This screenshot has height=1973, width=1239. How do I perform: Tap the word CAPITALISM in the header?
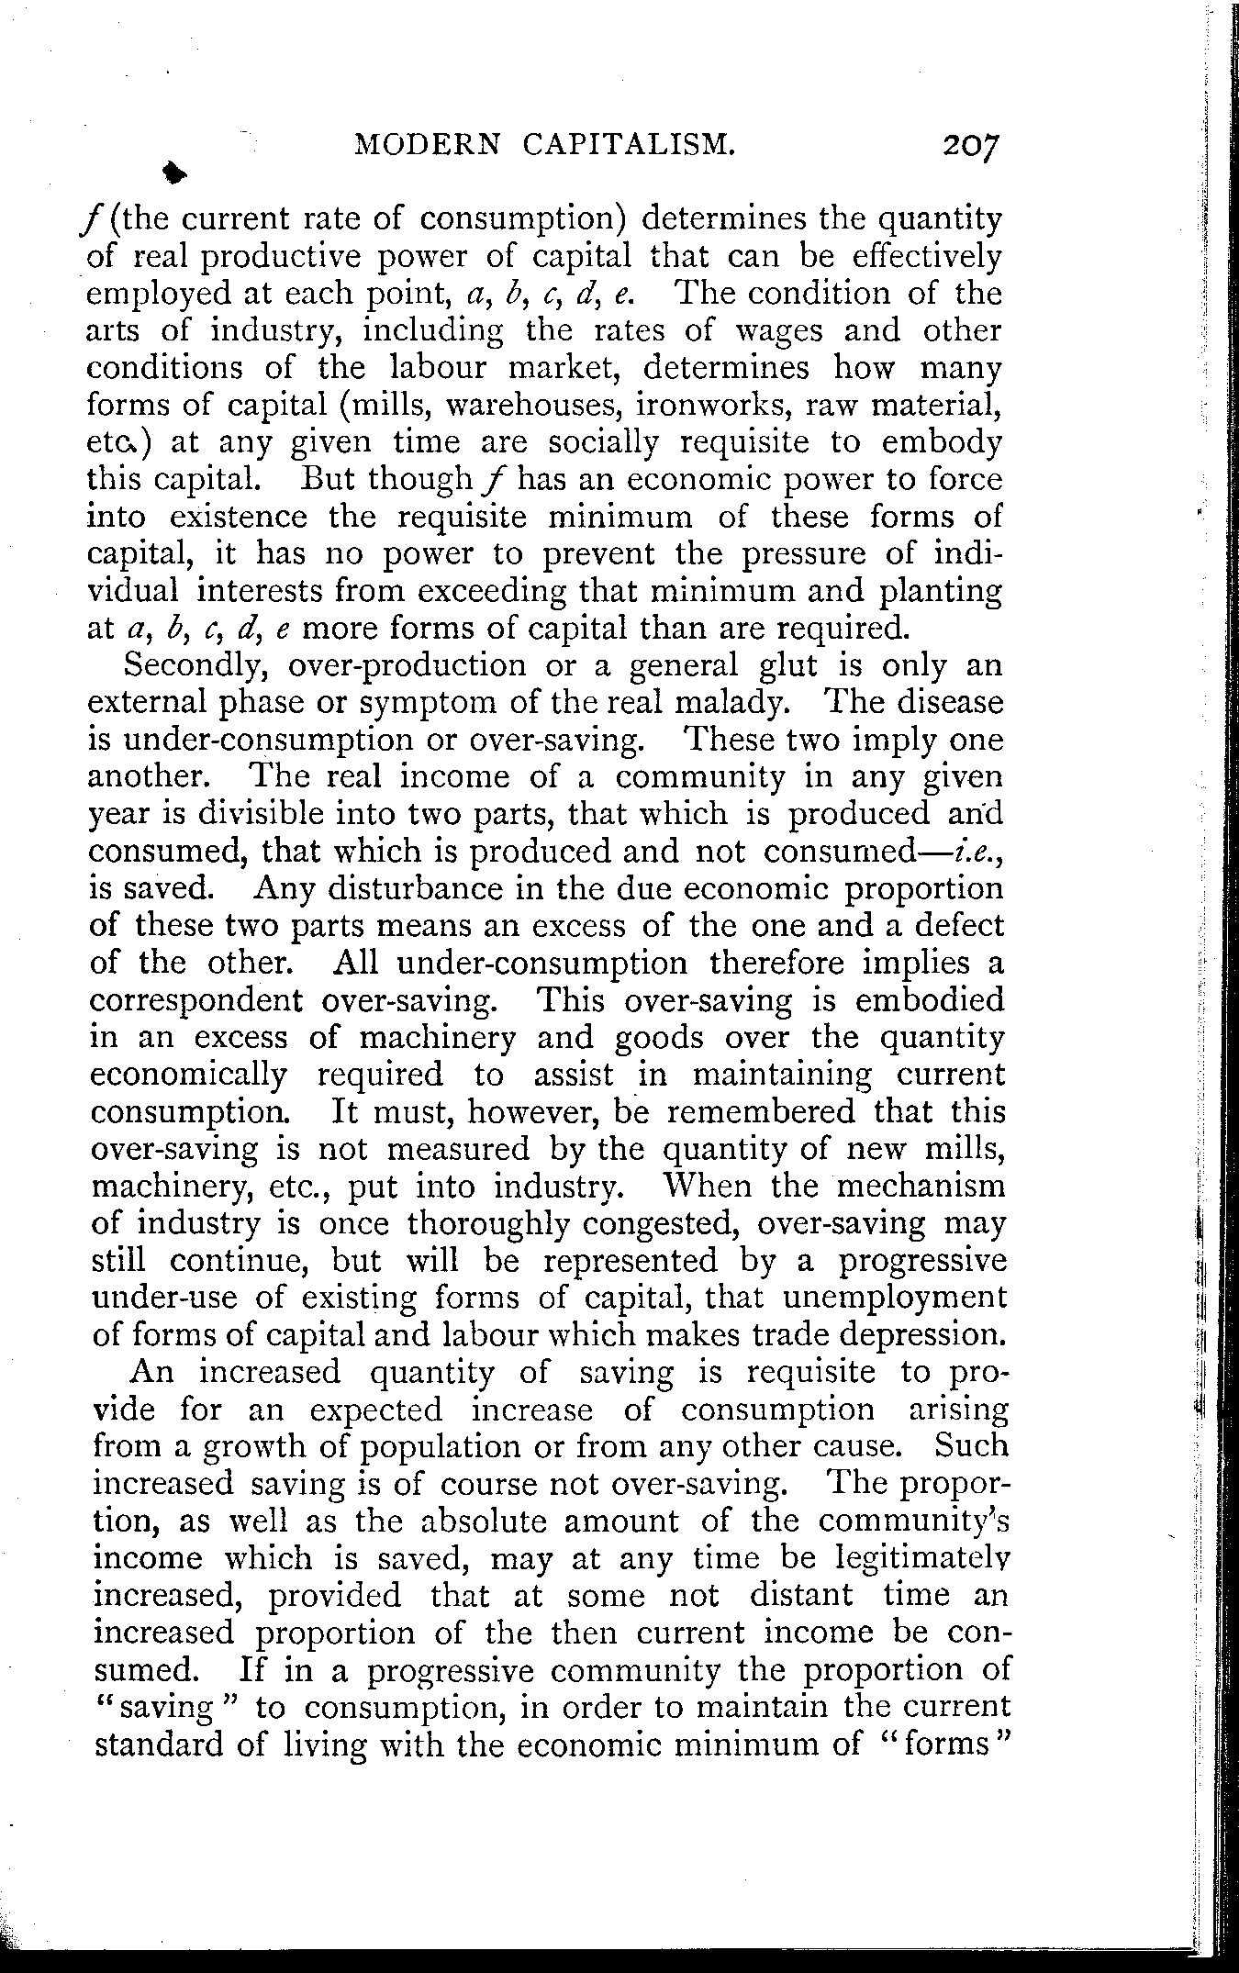642,144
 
